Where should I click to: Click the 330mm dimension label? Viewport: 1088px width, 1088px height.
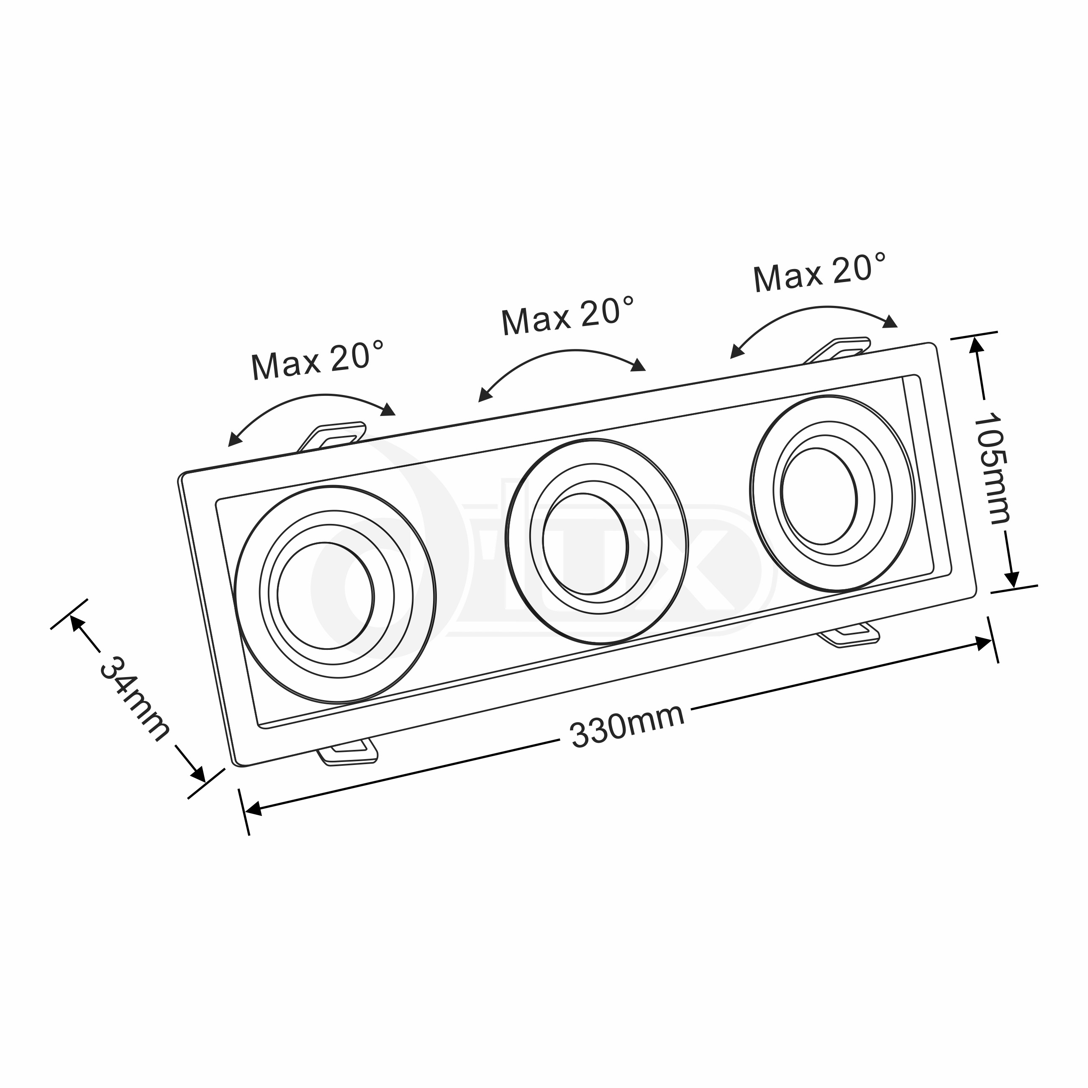click(x=627, y=727)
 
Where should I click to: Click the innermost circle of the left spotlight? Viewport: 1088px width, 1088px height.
click(x=325, y=595)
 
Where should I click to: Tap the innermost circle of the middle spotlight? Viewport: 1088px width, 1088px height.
click(x=585, y=544)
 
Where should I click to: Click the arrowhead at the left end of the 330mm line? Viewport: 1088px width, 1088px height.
click(x=254, y=809)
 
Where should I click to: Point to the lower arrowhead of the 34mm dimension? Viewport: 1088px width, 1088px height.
click(x=198, y=774)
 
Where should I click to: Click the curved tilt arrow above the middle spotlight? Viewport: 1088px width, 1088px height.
click(x=562, y=359)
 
